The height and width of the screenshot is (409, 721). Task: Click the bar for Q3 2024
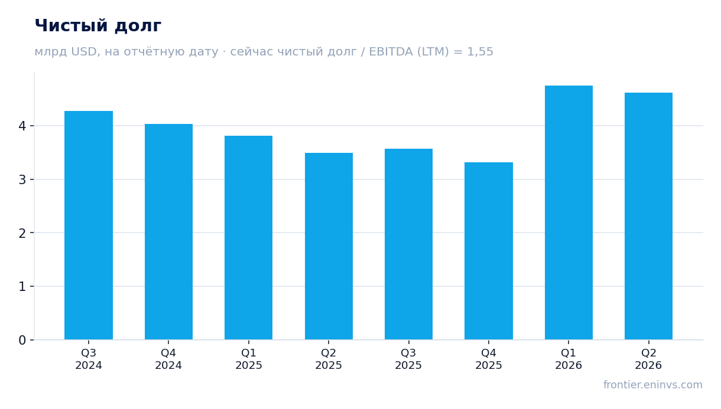click(x=89, y=225)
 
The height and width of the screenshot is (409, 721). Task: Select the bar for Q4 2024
click(x=168, y=232)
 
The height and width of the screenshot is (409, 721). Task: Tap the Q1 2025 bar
click(x=248, y=238)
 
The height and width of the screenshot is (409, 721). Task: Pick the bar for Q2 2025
click(x=329, y=246)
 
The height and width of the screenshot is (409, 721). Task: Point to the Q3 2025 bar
click(x=408, y=244)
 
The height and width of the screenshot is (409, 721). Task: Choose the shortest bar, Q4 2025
click(x=489, y=251)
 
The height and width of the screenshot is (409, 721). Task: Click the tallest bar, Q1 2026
click(x=569, y=212)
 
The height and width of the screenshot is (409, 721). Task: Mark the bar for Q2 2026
click(x=648, y=216)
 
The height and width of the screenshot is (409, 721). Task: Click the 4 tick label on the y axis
click(x=22, y=126)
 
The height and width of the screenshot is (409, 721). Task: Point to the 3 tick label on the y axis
click(x=22, y=179)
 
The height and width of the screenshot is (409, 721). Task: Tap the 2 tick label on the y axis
click(x=22, y=233)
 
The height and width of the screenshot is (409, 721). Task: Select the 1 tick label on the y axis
click(x=22, y=286)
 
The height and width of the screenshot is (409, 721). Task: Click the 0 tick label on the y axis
click(x=22, y=340)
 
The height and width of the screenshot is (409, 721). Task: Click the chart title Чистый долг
click(x=98, y=26)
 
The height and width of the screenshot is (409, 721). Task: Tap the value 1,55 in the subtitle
click(x=480, y=52)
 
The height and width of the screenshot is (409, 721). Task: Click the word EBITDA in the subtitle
click(x=391, y=51)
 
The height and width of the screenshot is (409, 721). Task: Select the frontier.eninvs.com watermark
click(x=653, y=385)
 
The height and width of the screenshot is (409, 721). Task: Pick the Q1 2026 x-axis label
click(x=569, y=359)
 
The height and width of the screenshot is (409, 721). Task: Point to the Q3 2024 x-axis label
click(x=89, y=359)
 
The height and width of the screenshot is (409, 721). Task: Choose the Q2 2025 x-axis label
click(x=329, y=359)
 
